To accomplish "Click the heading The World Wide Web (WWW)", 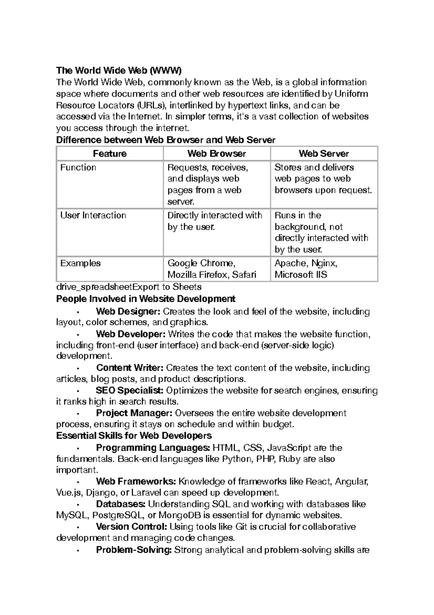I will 119,70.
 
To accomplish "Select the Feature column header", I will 110,154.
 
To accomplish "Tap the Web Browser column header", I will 217,154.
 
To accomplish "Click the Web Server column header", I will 324,154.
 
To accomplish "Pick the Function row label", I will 78,168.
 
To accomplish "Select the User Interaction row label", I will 93,216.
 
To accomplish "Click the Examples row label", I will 80,263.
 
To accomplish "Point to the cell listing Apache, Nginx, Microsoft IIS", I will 306,269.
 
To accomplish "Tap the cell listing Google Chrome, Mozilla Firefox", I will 212,269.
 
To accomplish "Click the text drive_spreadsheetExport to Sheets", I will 129,287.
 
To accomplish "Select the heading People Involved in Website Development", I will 146,299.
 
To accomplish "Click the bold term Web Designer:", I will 128,311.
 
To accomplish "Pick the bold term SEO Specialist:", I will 129,390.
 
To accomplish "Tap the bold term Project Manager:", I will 134,413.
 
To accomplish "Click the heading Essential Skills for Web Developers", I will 134,435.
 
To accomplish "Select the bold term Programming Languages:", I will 153,448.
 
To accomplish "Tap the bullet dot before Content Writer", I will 78,368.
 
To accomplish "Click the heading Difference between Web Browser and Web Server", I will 166,140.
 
